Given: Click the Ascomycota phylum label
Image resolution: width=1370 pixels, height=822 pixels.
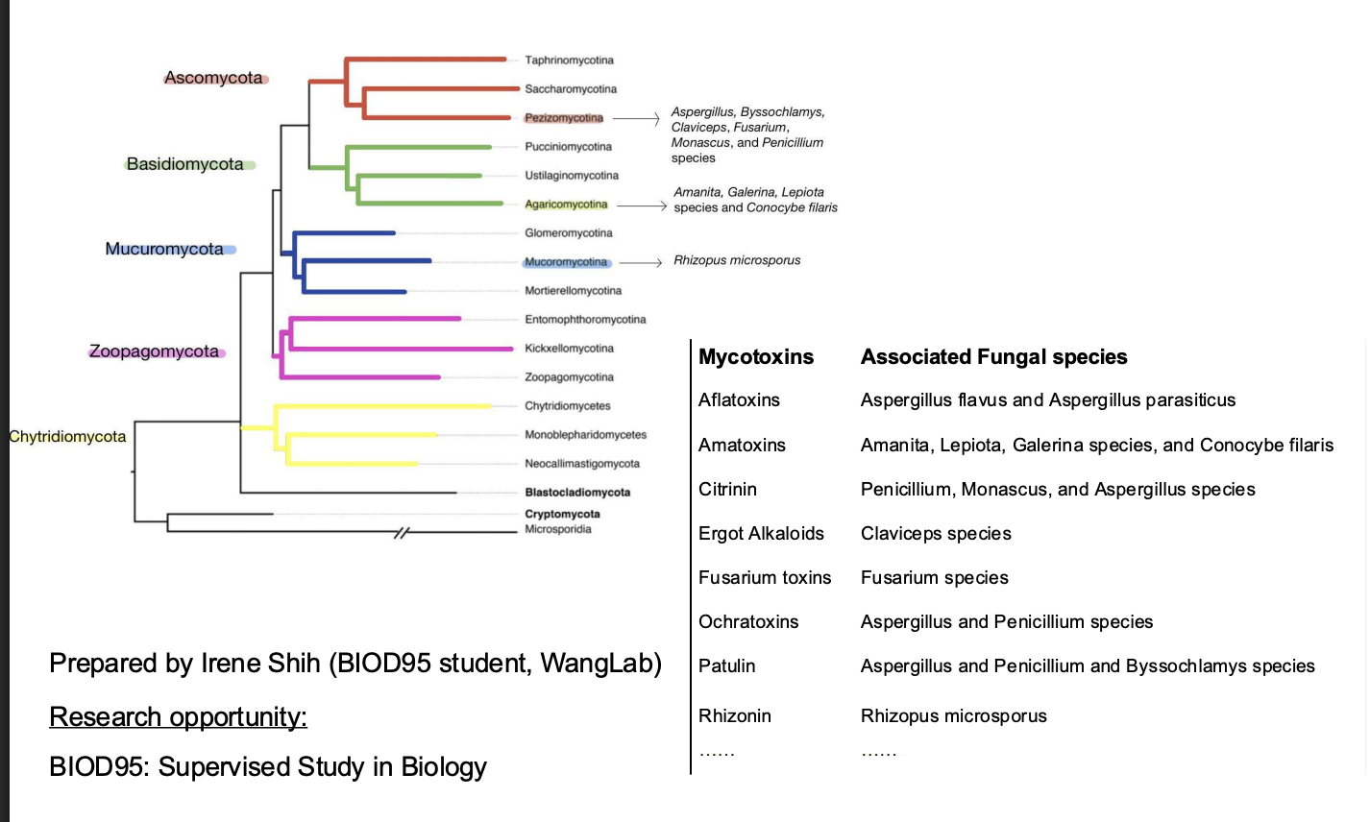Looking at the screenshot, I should point(213,78).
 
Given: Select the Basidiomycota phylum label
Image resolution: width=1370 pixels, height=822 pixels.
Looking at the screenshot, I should point(185,164).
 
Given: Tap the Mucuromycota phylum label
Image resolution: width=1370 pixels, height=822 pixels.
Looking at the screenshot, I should point(164,249).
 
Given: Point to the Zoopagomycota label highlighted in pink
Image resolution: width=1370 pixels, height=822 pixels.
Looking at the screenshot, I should point(154,351).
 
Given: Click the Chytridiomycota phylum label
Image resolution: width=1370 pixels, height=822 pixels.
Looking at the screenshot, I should point(67,437).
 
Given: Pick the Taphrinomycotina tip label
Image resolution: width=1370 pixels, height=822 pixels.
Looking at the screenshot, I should point(569,60).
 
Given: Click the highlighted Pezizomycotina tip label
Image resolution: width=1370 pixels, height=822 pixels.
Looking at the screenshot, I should point(564,118).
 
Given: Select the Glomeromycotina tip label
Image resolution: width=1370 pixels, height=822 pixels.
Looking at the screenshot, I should point(569,233).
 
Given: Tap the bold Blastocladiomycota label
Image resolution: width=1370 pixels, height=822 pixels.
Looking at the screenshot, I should point(577,493).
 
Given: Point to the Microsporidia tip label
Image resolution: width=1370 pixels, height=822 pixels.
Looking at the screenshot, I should point(558,529).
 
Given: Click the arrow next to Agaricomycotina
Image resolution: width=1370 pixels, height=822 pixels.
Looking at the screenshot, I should point(642,205).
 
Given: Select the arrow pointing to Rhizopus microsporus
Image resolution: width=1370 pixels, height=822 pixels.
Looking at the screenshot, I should point(641,262).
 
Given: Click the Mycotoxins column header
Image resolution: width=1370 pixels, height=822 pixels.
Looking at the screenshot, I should point(756,357).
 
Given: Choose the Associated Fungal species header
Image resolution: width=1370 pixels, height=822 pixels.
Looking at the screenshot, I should point(993,357).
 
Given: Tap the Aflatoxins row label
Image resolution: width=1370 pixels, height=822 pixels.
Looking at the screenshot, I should point(739,400).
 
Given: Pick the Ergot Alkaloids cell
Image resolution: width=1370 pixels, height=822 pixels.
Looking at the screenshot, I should point(761,534).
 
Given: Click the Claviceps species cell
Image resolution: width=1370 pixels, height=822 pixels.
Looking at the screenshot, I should point(936,534).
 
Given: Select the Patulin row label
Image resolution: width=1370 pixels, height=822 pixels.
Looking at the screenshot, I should point(726,666).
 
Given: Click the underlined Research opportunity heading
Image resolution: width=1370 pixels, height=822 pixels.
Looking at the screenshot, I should point(178,717).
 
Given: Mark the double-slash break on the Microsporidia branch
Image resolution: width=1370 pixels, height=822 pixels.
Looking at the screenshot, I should point(402,533).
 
